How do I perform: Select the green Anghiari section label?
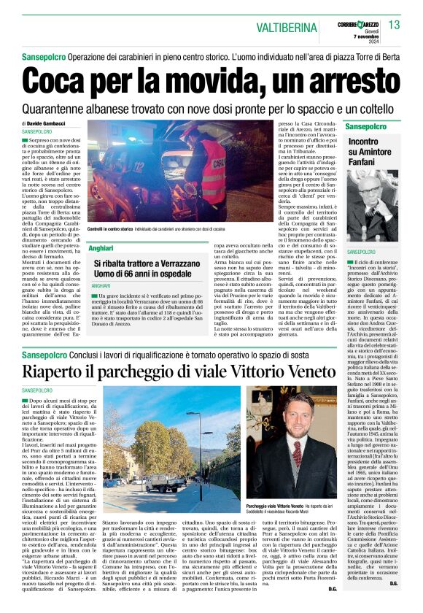point(101,249)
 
